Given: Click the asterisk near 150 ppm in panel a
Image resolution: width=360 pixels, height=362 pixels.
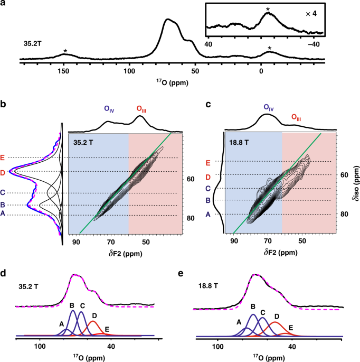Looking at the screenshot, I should pyautogui.click(x=65, y=51).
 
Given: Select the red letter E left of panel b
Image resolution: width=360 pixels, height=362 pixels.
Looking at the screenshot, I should pyautogui.click(x=4, y=157).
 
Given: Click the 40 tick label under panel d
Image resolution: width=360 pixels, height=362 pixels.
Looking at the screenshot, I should pyautogui.click(x=111, y=345).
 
